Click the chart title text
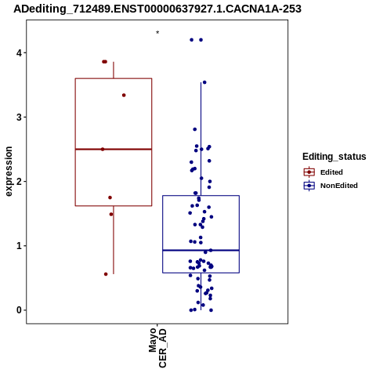157,9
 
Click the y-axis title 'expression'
9,172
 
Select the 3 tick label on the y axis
19,117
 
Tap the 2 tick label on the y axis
19,182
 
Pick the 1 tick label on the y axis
19,246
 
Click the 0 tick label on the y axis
19,310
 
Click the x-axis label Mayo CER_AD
157,348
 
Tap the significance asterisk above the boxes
157,33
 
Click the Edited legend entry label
331,172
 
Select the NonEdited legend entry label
339,186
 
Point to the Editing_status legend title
334,157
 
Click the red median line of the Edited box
114,149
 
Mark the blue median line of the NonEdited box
201,250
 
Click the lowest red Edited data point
106,274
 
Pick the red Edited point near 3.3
124,96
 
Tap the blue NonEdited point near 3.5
204,82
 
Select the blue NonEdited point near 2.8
195,129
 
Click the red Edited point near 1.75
110,197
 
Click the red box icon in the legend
309,172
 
